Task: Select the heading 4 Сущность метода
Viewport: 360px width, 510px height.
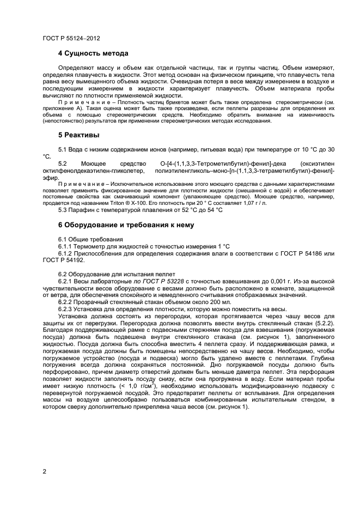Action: click(x=93, y=53)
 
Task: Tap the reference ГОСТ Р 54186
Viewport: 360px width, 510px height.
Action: click(x=309, y=254)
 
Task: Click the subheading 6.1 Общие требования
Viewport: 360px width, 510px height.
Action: click(x=90, y=239)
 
